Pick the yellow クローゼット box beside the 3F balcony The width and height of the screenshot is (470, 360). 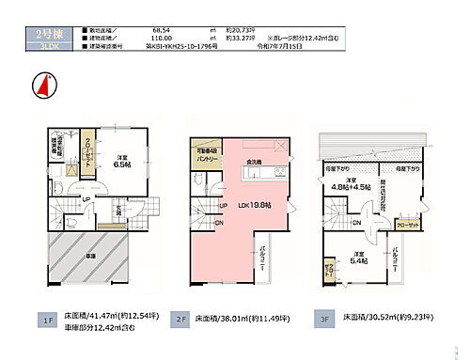tap(406, 225)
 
